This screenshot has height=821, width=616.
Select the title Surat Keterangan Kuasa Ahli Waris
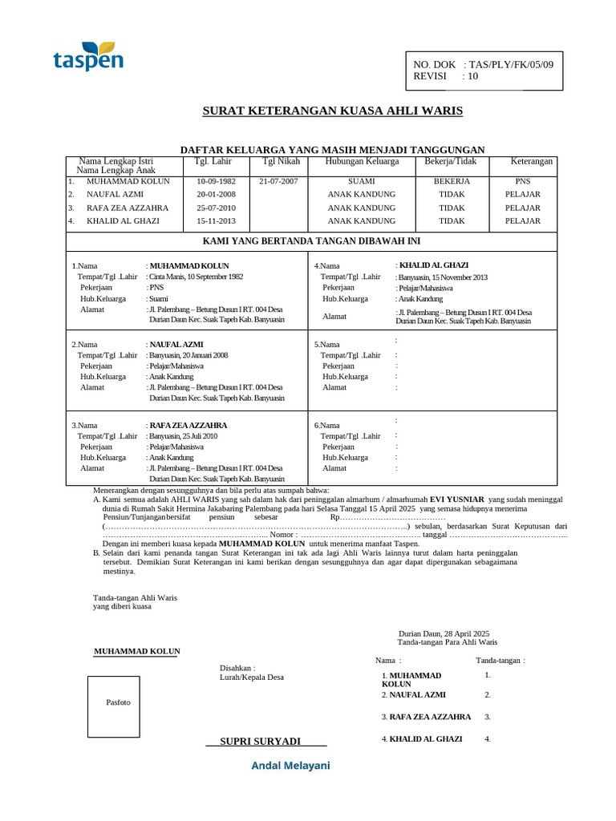(332, 111)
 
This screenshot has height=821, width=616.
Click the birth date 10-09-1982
(216, 181)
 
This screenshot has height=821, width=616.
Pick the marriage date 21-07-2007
(278, 181)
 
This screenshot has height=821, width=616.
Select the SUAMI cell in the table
(361, 181)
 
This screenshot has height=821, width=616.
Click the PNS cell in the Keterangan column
(522, 181)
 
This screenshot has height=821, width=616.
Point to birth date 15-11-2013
(216, 220)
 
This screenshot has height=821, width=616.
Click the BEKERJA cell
(452, 181)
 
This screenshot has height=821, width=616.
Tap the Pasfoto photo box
(118, 703)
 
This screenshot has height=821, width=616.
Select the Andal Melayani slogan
(290, 766)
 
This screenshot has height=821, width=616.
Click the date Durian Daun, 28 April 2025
(449, 633)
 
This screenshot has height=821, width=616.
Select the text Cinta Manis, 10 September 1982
(196, 276)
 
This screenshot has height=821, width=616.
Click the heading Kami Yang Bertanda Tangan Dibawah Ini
(311, 241)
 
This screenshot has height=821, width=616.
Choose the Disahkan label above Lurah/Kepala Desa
(237, 667)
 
